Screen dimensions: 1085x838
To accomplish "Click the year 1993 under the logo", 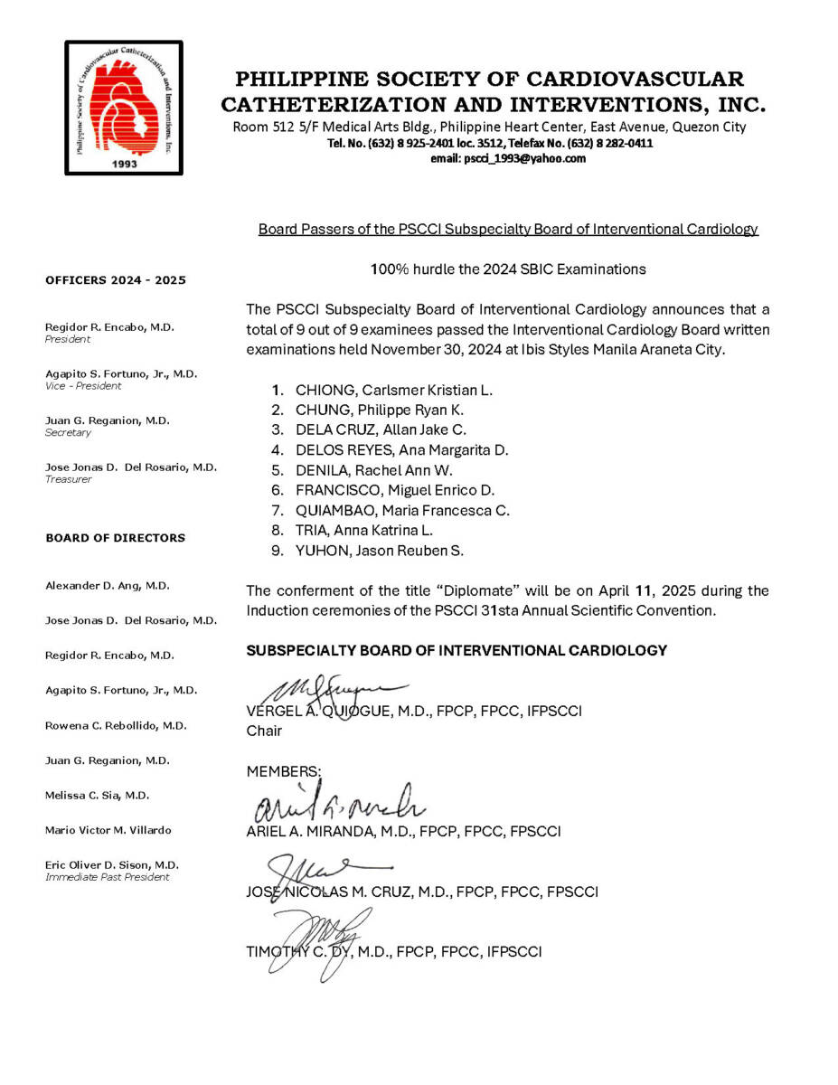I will (124, 165).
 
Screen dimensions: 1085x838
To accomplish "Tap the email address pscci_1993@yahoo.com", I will (508, 158).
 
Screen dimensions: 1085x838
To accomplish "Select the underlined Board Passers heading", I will (508, 230).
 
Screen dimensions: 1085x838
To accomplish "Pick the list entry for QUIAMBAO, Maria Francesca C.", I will (402, 511).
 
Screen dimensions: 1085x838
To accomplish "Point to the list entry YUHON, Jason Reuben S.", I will (380, 551).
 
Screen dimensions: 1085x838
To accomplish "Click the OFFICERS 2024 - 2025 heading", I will (116, 280).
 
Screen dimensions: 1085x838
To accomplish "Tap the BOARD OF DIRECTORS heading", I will (116, 538).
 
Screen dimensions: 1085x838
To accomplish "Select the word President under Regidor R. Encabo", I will (68, 340).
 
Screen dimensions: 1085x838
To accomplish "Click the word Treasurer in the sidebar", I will (68, 479).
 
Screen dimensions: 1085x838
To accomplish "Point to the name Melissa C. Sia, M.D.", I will (98, 796).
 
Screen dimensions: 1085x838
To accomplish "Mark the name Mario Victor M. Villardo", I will (108, 830).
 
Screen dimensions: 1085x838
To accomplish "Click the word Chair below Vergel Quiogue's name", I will (264, 731).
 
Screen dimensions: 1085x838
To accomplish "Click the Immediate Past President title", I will (107, 877).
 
